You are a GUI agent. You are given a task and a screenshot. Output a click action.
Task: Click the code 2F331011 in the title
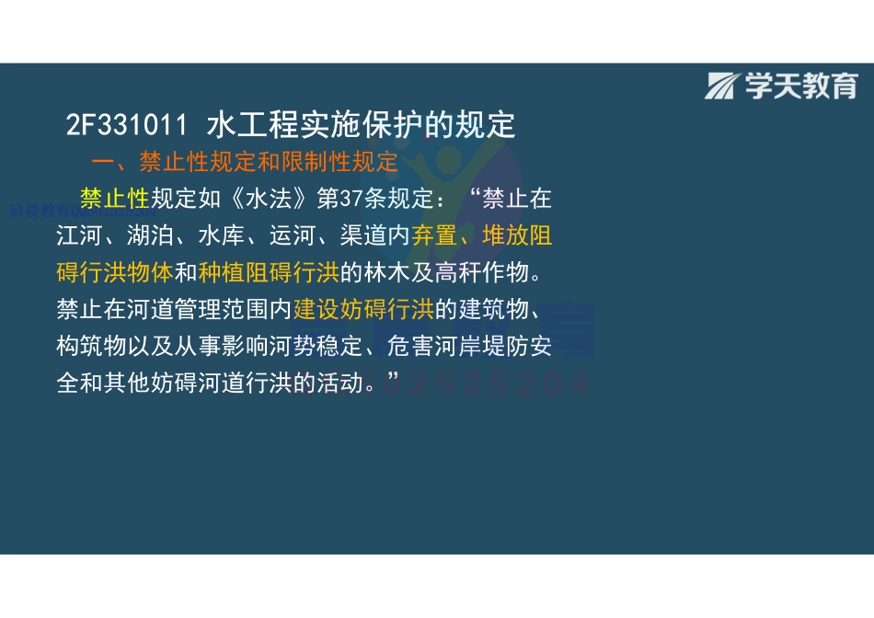coord(127,125)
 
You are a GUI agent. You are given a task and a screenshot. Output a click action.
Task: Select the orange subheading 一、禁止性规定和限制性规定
coord(245,162)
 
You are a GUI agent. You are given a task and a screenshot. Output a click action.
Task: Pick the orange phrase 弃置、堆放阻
coord(482,235)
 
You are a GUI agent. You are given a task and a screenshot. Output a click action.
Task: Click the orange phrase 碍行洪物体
coord(115,273)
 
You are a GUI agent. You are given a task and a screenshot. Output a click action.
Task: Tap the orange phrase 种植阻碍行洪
coord(269,273)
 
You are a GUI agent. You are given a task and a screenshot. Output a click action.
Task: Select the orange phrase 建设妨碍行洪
coord(363,310)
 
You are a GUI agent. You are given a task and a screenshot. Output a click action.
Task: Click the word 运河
coord(293,235)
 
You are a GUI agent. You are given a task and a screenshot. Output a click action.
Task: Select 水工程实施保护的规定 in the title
coord(362,125)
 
